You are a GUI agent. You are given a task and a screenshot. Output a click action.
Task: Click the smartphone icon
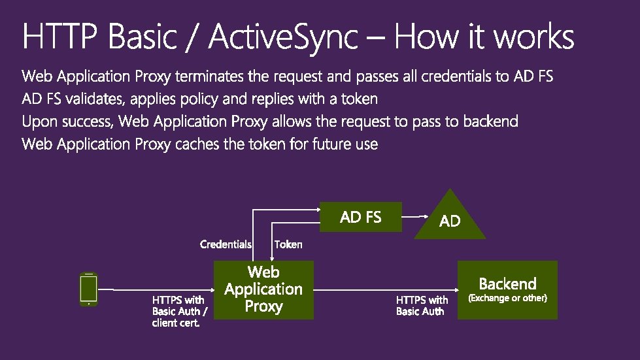tap(88, 289)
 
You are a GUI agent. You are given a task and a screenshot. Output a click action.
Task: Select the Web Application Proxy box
tap(264, 289)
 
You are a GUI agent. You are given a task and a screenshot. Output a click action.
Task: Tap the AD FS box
tap(360, 217)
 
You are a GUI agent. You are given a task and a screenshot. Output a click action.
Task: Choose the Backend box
tap(507, 289)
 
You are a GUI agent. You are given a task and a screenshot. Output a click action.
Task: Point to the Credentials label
tap(226, 244)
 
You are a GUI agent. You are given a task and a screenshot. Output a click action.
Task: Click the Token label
tap(288, 244)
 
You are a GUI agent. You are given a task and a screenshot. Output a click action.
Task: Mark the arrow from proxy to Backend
tap(386, 289)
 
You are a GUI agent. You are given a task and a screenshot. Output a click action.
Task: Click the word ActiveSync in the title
tap(284, 38)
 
